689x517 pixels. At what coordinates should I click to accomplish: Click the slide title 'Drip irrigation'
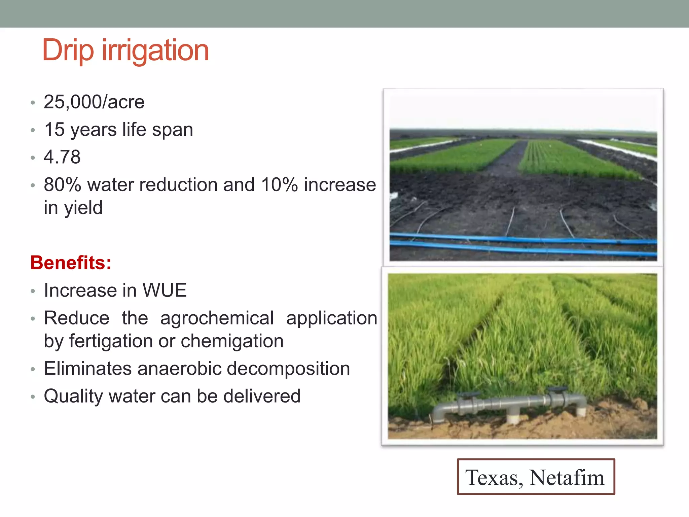[x=125, y=50]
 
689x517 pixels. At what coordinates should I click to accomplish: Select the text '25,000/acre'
[x=94, y=102]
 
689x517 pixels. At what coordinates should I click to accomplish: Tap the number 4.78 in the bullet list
[x=62, y=157]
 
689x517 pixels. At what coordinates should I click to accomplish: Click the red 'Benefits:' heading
[x=71, y=263]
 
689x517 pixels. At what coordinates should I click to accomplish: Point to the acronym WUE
[x=165, y=290]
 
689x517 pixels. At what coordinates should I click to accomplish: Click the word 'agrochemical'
[x=217, y=318]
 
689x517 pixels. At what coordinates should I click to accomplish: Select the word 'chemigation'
[x=232, y=341]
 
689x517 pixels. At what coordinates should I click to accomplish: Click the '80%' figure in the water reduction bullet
[x=63, y=185]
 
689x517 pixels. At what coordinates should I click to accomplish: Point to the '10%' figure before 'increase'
[x=279, y=185]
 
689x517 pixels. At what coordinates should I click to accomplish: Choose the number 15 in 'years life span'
[x=54, y=130]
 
